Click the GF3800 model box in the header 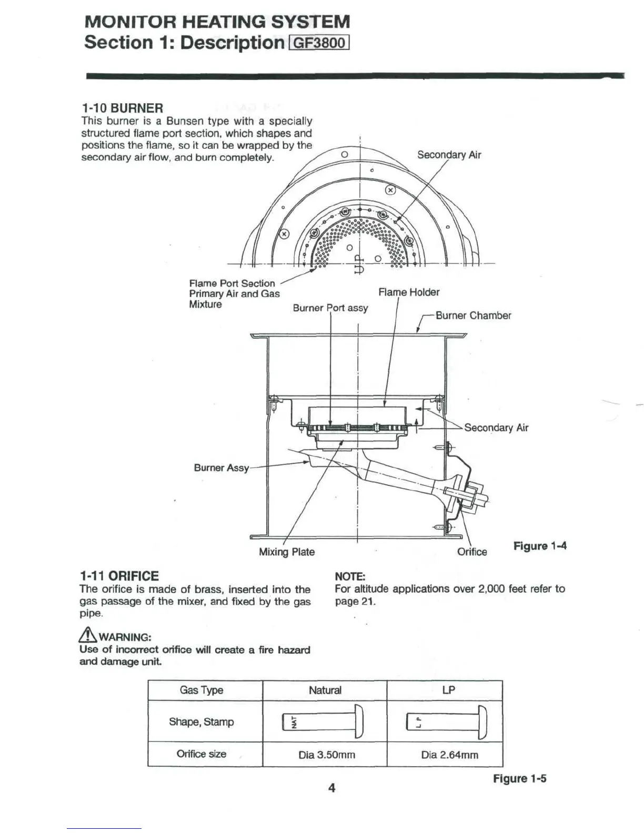point(320,42)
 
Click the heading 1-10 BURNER point(122,108)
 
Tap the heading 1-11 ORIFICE point(119,576)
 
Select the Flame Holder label point(408,292)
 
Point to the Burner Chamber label point(473,316)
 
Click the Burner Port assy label point(330,308)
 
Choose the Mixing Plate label point(287,552)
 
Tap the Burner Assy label point(221,468)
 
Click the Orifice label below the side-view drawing point(472,552)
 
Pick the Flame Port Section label point(232,283)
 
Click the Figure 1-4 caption point(540,546)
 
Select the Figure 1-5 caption point(519,778)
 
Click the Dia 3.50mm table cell point(327,755)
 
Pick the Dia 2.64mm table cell point(449,755)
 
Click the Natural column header point(325,690)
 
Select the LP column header point(448,690)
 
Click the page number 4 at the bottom point(331,787)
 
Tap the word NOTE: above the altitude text point(350,576)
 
